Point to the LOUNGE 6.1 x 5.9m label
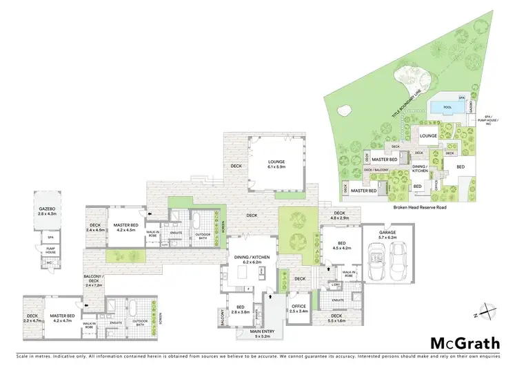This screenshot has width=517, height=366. (276, 164)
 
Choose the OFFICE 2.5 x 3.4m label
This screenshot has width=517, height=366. (298, 309)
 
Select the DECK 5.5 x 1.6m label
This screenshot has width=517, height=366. (337, 318)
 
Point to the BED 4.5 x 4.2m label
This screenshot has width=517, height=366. (337, 244)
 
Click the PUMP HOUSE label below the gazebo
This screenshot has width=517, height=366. (50, 251)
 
